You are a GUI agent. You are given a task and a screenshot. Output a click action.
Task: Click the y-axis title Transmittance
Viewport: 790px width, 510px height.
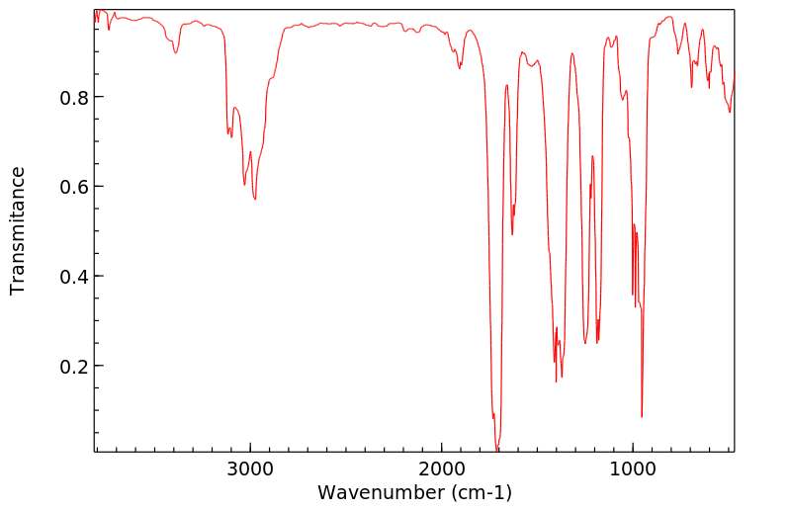18,230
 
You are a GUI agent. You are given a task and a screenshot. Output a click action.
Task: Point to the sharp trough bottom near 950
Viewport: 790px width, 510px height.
642,416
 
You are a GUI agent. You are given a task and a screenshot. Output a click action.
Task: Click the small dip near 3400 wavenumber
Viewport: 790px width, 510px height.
175,52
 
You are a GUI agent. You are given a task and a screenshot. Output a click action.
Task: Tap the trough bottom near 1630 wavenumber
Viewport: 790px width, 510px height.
512,233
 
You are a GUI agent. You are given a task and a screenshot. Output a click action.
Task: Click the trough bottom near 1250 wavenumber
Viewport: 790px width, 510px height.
585,343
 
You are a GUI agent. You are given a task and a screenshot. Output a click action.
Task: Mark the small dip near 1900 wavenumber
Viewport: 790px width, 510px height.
460,67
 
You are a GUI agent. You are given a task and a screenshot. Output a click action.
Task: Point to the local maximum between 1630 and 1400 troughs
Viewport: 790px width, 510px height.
523,52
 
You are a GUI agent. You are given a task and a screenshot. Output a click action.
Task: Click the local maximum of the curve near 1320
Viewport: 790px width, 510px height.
571,53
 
